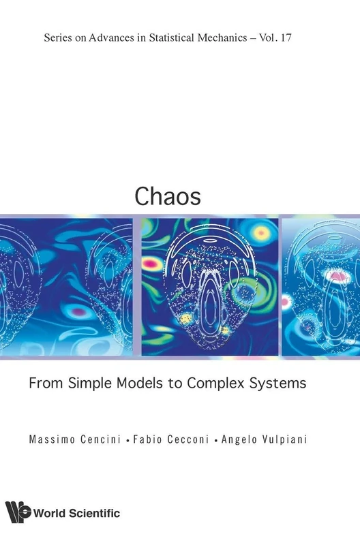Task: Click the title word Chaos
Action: (168, 196)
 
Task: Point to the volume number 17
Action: (285, 38)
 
